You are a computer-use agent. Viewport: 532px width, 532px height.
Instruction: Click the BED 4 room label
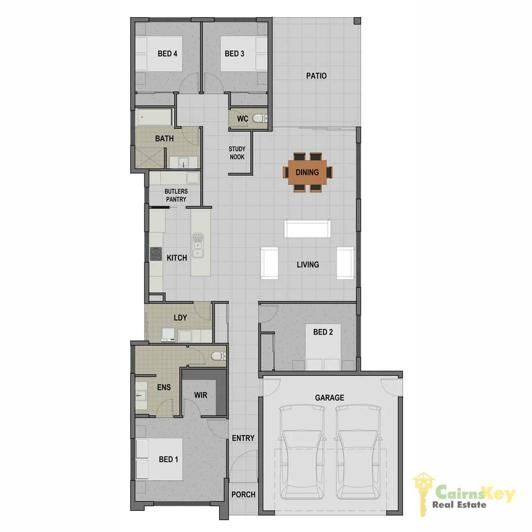click(x=167, y=54)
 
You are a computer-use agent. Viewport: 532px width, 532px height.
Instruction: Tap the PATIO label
click(x=316, y=76)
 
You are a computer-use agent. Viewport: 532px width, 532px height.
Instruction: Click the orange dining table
click(x=307, y=172)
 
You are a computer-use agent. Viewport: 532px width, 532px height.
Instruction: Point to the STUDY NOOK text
click(x=237, y=153)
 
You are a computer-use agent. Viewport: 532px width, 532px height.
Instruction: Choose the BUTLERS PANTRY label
click(x=176, y=195)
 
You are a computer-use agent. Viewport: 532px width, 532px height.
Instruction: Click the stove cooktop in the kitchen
click(x=156, y=254)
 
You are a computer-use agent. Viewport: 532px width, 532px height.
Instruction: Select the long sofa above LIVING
click(x=308, y=229)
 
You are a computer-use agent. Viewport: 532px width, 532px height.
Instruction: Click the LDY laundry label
click(x=180, y=318)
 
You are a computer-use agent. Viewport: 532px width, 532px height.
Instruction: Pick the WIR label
click(x=200, y=395)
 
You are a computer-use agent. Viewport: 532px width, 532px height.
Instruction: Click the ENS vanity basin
click(x=142, y=395)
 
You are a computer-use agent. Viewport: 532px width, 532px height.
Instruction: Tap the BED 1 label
click(x=168, y=460)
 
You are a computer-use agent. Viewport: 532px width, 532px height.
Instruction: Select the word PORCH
click(x=243, y=494)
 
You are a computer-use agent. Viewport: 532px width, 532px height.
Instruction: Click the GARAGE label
click(x=330, y=398)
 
